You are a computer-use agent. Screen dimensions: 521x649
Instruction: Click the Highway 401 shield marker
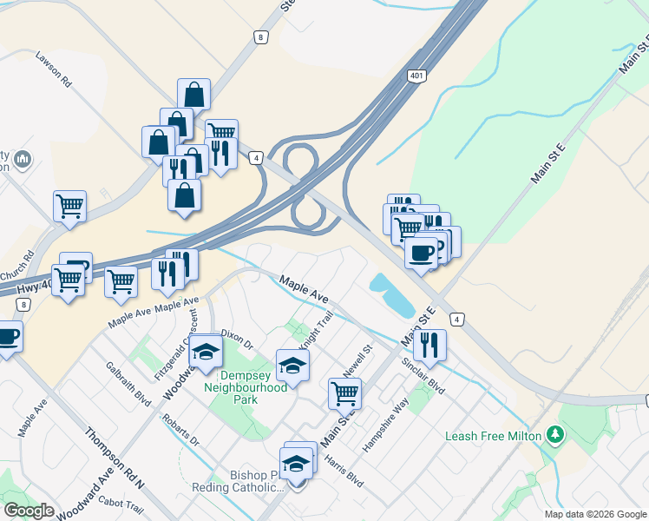pos(416,76)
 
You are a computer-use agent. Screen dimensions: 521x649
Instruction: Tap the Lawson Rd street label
pos(53,68)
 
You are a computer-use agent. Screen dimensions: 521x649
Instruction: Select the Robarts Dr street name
pos(180,430)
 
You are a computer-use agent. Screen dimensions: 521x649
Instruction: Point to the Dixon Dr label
pos(237,339)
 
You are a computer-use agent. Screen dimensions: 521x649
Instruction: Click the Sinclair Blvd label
pos(427,375)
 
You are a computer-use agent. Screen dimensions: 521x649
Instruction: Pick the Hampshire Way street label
pos(385,425)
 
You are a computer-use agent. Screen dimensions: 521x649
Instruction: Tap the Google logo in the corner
pos(29,511)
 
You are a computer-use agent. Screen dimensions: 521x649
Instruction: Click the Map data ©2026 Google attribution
pos(594,514)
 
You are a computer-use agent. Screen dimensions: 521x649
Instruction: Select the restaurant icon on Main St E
pos(429,345)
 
